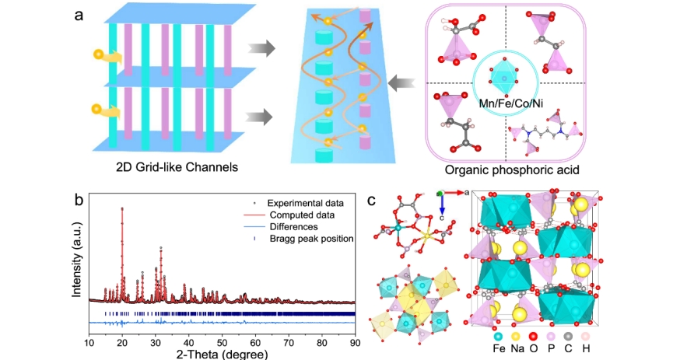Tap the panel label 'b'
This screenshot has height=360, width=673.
pos(79,199)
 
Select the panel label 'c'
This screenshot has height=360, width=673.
pos(372,200)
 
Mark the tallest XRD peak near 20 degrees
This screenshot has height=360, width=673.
pos(122,208)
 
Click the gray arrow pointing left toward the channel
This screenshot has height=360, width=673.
pos(402,80)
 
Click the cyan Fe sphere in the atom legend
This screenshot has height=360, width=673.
pos(498,337)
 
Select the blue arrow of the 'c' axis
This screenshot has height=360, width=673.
pos(442,204)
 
